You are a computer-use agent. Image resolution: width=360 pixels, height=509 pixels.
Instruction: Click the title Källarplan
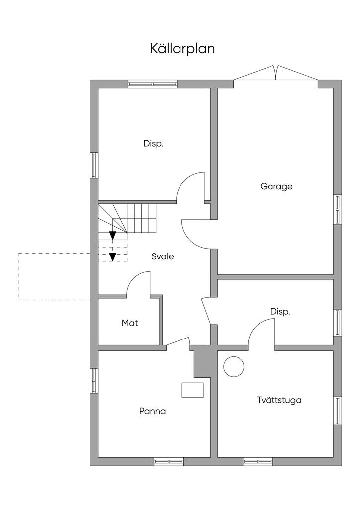pos(182,49)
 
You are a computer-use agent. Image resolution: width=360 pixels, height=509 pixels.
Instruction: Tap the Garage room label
pos(276,187)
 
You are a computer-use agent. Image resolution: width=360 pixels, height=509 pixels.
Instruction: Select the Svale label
pos(163,257)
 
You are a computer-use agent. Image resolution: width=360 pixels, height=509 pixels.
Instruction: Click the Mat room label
pos(130,323)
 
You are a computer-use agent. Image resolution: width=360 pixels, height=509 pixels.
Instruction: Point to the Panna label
pos(152,412)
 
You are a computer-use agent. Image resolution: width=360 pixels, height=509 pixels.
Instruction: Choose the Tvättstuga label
pos(279,400)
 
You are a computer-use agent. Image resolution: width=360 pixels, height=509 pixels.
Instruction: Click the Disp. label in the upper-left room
pos(154,144)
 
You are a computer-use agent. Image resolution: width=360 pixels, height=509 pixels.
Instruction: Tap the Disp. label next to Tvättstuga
pos(280,312)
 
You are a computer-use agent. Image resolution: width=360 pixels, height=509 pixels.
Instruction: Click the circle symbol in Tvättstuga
pos(234,366)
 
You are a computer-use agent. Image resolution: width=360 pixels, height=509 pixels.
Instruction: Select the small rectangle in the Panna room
pos(192,390)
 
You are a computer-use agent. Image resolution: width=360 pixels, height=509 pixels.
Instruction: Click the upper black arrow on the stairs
pos(113,235)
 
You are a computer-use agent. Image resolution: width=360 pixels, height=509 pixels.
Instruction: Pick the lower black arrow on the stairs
pos(113,256)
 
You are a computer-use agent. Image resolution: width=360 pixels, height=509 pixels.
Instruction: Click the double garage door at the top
pos(276,73)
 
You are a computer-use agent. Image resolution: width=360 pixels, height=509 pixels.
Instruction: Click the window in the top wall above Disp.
pos(153,84)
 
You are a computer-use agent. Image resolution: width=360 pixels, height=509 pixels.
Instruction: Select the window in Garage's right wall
pos(338,209)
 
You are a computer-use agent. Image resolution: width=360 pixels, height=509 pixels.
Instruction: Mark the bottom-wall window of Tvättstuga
pos(258,462)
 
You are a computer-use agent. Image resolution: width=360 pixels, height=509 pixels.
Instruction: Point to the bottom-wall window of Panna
pos(169,462)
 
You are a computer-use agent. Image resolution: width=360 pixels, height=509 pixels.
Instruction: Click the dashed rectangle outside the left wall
pos(54,276)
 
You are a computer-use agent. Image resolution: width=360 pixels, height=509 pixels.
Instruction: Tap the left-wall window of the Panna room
pos(93,381)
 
